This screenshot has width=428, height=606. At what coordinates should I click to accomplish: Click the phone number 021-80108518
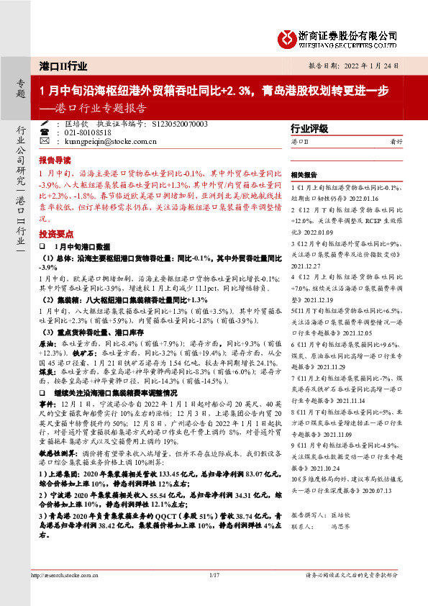coord(86,134)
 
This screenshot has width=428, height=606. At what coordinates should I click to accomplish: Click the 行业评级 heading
coord(307,128)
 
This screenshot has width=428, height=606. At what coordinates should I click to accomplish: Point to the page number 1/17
coord(214,595)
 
